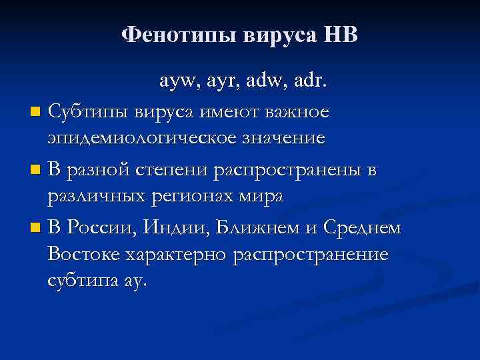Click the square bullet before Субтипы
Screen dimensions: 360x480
click(x=35, y=109)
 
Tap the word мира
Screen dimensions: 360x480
click(x=265, y=197)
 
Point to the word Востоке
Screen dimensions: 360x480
click(x=86, y=255)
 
